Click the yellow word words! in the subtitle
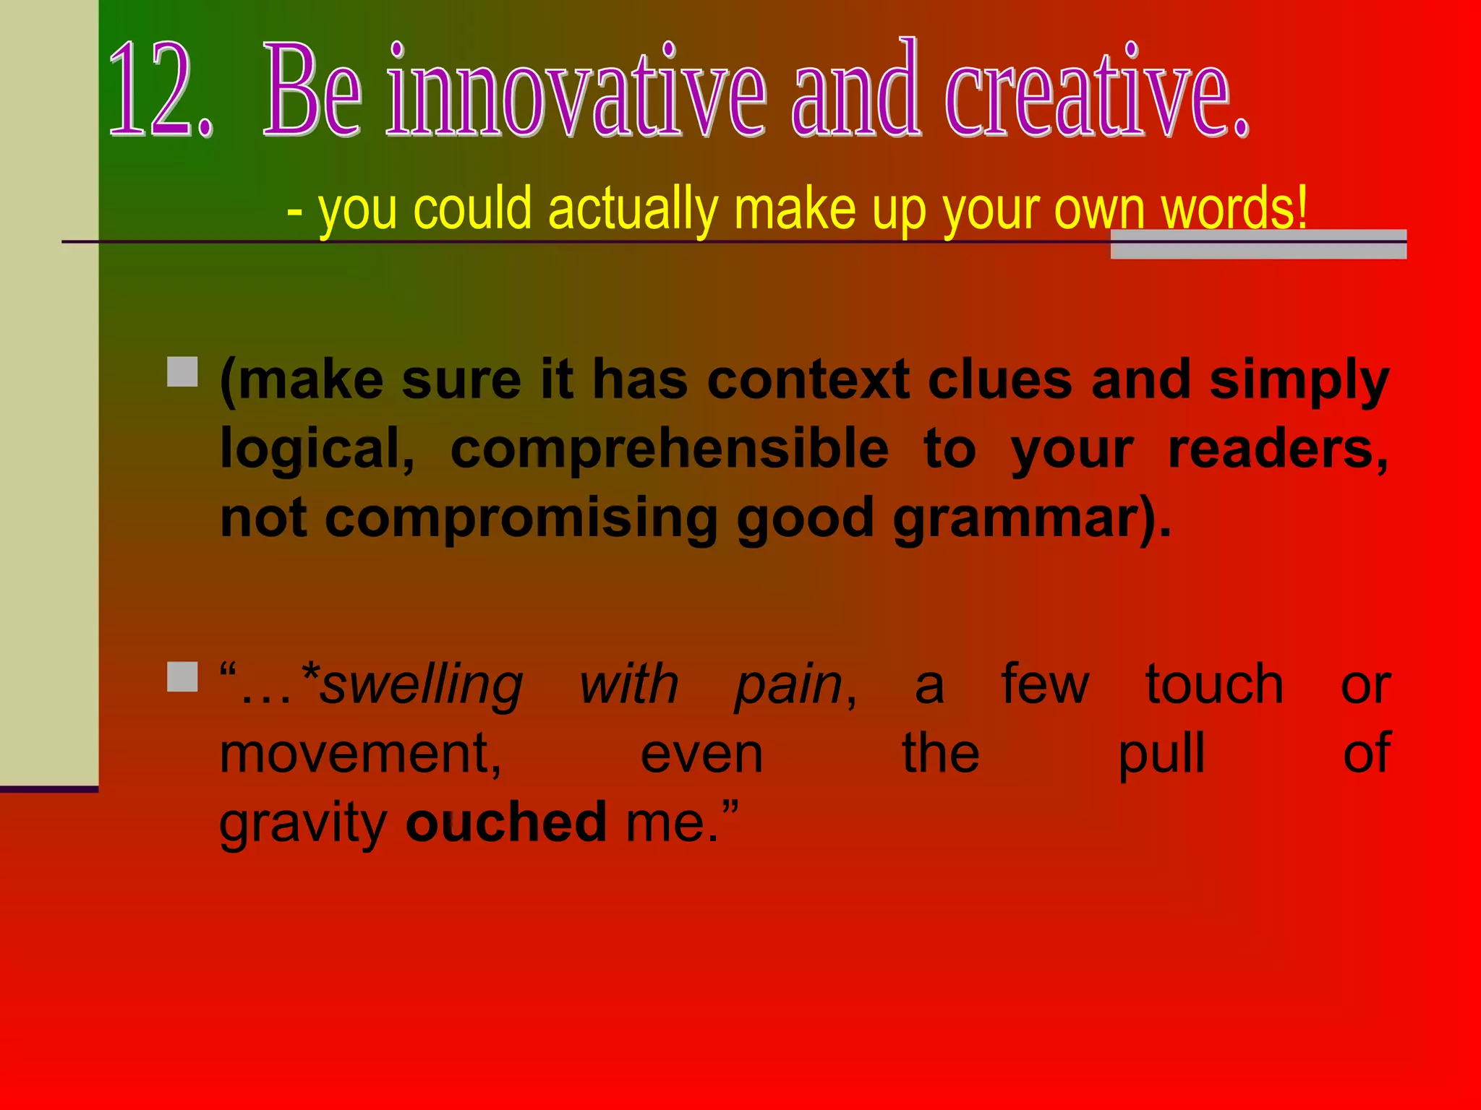coord(1234,208)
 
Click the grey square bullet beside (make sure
coord(182,371)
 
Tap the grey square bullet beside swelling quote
coord(182,677)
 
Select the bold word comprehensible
coord(669,449)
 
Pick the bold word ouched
coord(505,822)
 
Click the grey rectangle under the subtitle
coord(1258,244)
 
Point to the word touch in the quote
coord(1214,683)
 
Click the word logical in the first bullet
coord(316,449)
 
